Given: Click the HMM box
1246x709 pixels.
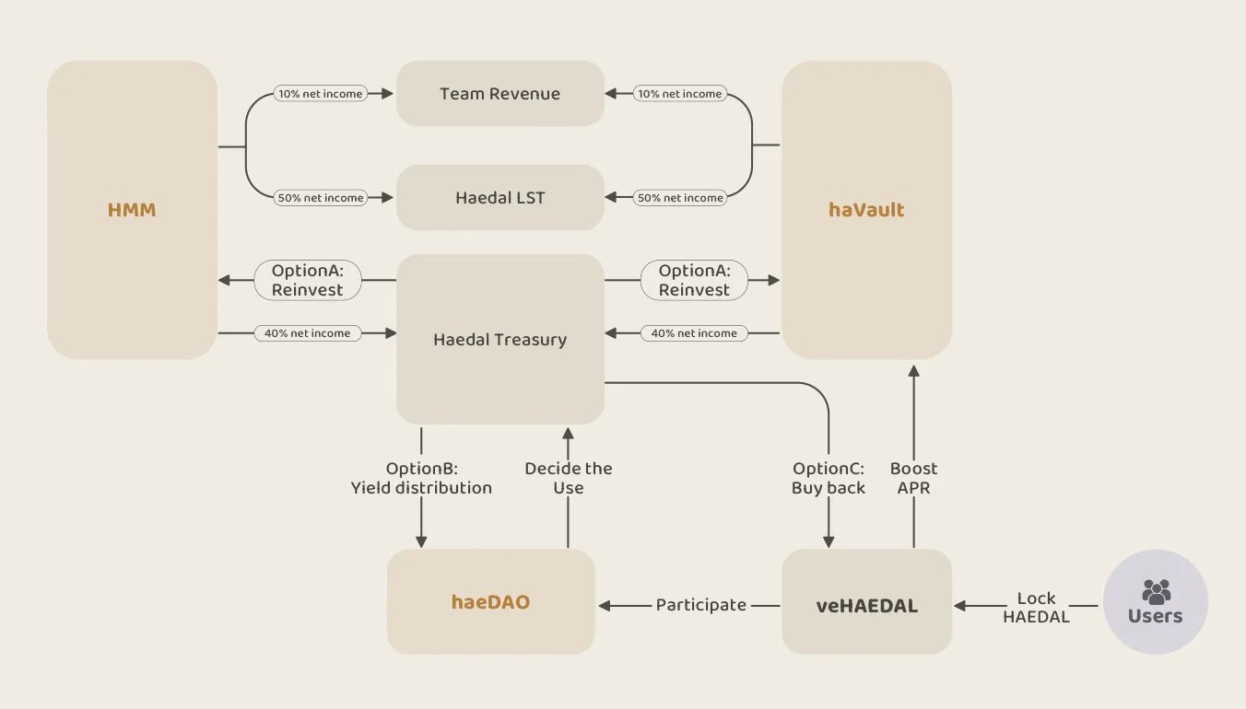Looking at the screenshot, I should click(132, 210).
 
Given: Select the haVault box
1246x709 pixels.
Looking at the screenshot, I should click(866, 210).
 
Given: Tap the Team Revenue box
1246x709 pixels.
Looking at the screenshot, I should click(500, 94).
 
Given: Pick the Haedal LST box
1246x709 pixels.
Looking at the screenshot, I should click(500, 198).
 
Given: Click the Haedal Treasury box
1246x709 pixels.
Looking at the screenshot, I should click(500, 340).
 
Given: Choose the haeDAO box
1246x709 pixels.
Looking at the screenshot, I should click(491, 602).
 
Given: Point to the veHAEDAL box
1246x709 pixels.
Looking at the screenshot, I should click(866, 605).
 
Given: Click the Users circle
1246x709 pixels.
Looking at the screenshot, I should click(1156, 602).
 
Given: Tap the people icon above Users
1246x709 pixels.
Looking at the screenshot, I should click(1156, 590).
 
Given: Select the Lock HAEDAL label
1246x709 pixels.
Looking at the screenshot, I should click(1036, 608).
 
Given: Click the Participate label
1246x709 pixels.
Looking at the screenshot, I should click(701, 605).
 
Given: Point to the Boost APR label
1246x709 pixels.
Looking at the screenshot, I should click(914, 478).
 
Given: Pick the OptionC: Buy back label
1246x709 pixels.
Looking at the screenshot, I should click(828, 478).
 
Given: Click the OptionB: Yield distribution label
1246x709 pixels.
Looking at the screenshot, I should click(421, 478).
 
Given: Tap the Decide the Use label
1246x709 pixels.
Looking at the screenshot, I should click(569, 478).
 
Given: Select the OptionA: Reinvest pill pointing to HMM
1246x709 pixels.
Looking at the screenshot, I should click(307, 280).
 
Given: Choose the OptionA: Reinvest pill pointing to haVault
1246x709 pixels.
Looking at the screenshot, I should click(694, 280).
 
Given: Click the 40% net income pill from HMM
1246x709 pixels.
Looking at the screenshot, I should click(307, 333).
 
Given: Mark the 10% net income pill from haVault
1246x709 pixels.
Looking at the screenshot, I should click(679, 94).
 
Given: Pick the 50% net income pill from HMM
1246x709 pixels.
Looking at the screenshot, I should click(320, 198).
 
